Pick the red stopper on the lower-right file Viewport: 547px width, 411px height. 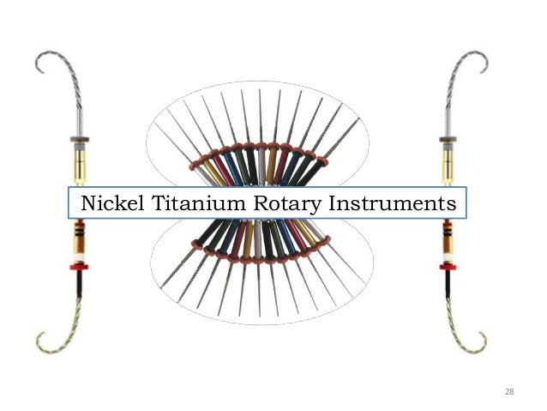click(x=447, y=267)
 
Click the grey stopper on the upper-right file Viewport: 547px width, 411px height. click(x=448, y=138)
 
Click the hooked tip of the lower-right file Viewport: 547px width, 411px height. click(x=484, y=343)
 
